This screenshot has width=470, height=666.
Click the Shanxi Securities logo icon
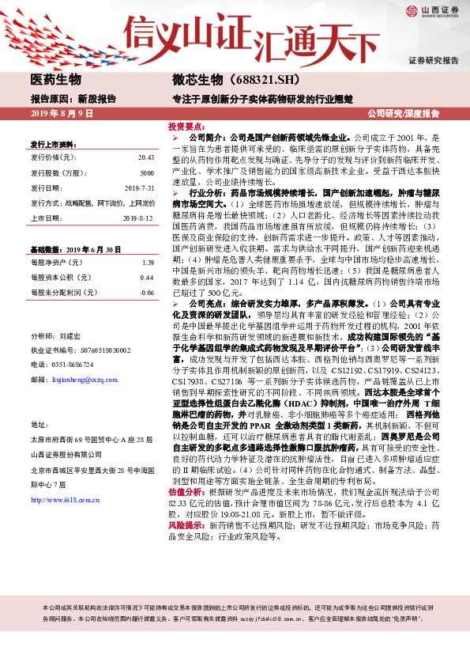412,10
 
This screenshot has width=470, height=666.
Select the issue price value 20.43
145,157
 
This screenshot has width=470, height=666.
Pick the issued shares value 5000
147,172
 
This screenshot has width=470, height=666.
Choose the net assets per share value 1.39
147,262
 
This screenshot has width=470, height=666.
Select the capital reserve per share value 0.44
147,277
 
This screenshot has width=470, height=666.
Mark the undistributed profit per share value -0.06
146,292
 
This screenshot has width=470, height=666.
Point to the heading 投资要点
186,126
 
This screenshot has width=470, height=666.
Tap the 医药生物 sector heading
55,79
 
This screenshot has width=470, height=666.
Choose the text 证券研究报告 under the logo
434,60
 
